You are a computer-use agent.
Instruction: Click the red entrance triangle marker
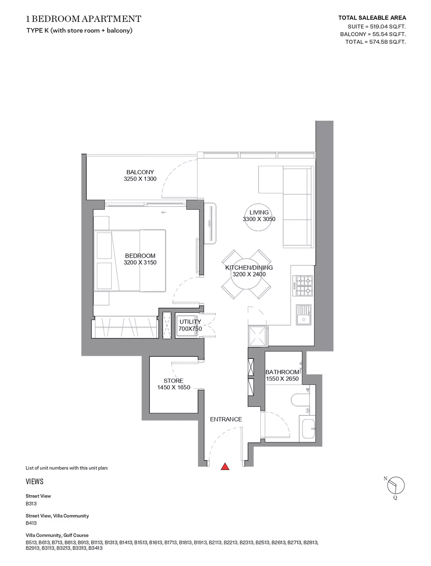[x=225, y=466]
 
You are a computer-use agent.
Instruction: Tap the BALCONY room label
[x=140, y=172]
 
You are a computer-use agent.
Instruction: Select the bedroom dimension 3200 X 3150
[x=140, y=262]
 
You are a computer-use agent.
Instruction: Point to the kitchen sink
[x=304, y=315]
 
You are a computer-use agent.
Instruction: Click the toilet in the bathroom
[x=300, y=400]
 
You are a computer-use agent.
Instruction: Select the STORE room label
[x=174, y=381]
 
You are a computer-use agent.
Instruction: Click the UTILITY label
[x=190, y=322]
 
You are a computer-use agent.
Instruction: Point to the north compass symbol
[x=396, y=485]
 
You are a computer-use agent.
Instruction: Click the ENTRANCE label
[x=226, y=419]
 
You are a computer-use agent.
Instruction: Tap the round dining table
[x=246, y=274]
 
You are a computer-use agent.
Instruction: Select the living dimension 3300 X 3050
[x=259, y=219]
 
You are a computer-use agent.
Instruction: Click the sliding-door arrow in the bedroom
[x=164, y=212]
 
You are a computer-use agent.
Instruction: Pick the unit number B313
[x=31, y=503]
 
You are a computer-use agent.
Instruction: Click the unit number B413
[x=31, y=523]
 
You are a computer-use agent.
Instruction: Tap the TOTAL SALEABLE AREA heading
[x=372, y=18]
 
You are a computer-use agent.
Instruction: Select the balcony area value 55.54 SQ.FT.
[x=389, y=34]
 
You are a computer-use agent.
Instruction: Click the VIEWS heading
[x=34, y=482]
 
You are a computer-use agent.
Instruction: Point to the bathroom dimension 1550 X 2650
[x=282, y=379]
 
